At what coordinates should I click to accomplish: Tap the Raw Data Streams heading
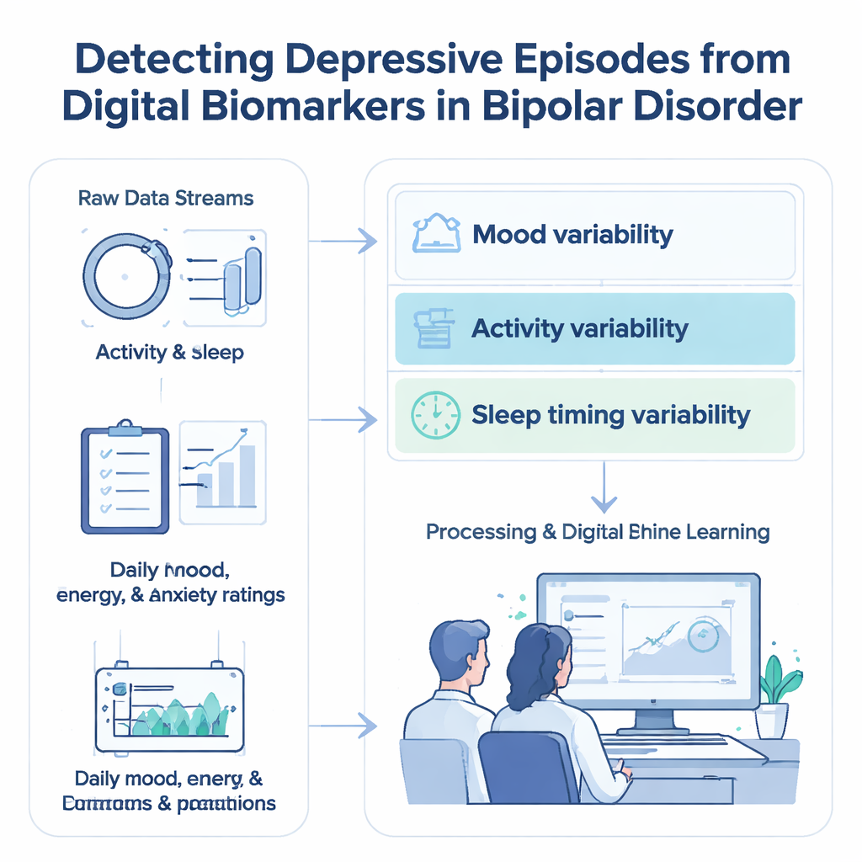[165, 199]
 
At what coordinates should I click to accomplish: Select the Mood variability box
[594, 235]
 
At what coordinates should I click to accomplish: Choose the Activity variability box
[594, 328]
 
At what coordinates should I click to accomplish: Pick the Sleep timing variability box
[594, 415]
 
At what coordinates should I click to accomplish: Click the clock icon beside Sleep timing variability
[435, 415]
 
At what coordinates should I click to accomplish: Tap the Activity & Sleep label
[169, 352]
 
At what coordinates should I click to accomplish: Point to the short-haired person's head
[460, 652]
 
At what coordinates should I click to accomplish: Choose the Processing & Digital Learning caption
[597, 532]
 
